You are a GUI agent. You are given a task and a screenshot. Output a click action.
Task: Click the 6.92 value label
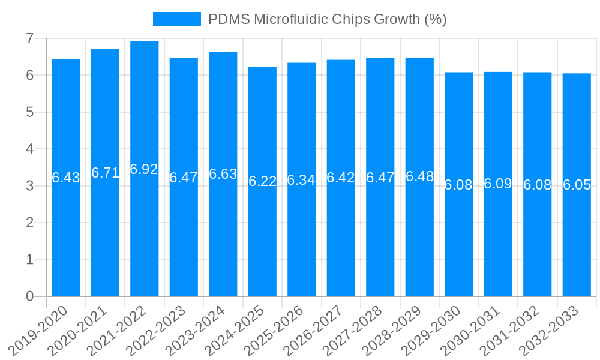pos(144,169)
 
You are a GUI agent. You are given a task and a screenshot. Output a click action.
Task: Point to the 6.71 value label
pos(105,173)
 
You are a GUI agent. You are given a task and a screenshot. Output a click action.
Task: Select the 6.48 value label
pos(419,176)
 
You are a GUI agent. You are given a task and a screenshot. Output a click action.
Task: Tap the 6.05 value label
pos(577,185)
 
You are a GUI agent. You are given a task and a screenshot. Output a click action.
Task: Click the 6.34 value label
pos(301,180)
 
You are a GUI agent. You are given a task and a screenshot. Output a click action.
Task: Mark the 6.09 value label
pos(498,184)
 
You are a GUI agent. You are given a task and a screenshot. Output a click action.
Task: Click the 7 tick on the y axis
pos(29,38)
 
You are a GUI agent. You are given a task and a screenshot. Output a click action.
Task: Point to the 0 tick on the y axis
pos(29,296)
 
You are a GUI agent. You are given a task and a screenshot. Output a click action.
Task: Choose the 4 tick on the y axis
pos(29,149)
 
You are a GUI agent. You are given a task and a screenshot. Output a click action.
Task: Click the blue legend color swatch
pos(177,19)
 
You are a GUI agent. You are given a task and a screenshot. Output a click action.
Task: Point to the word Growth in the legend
pos(397,19)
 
